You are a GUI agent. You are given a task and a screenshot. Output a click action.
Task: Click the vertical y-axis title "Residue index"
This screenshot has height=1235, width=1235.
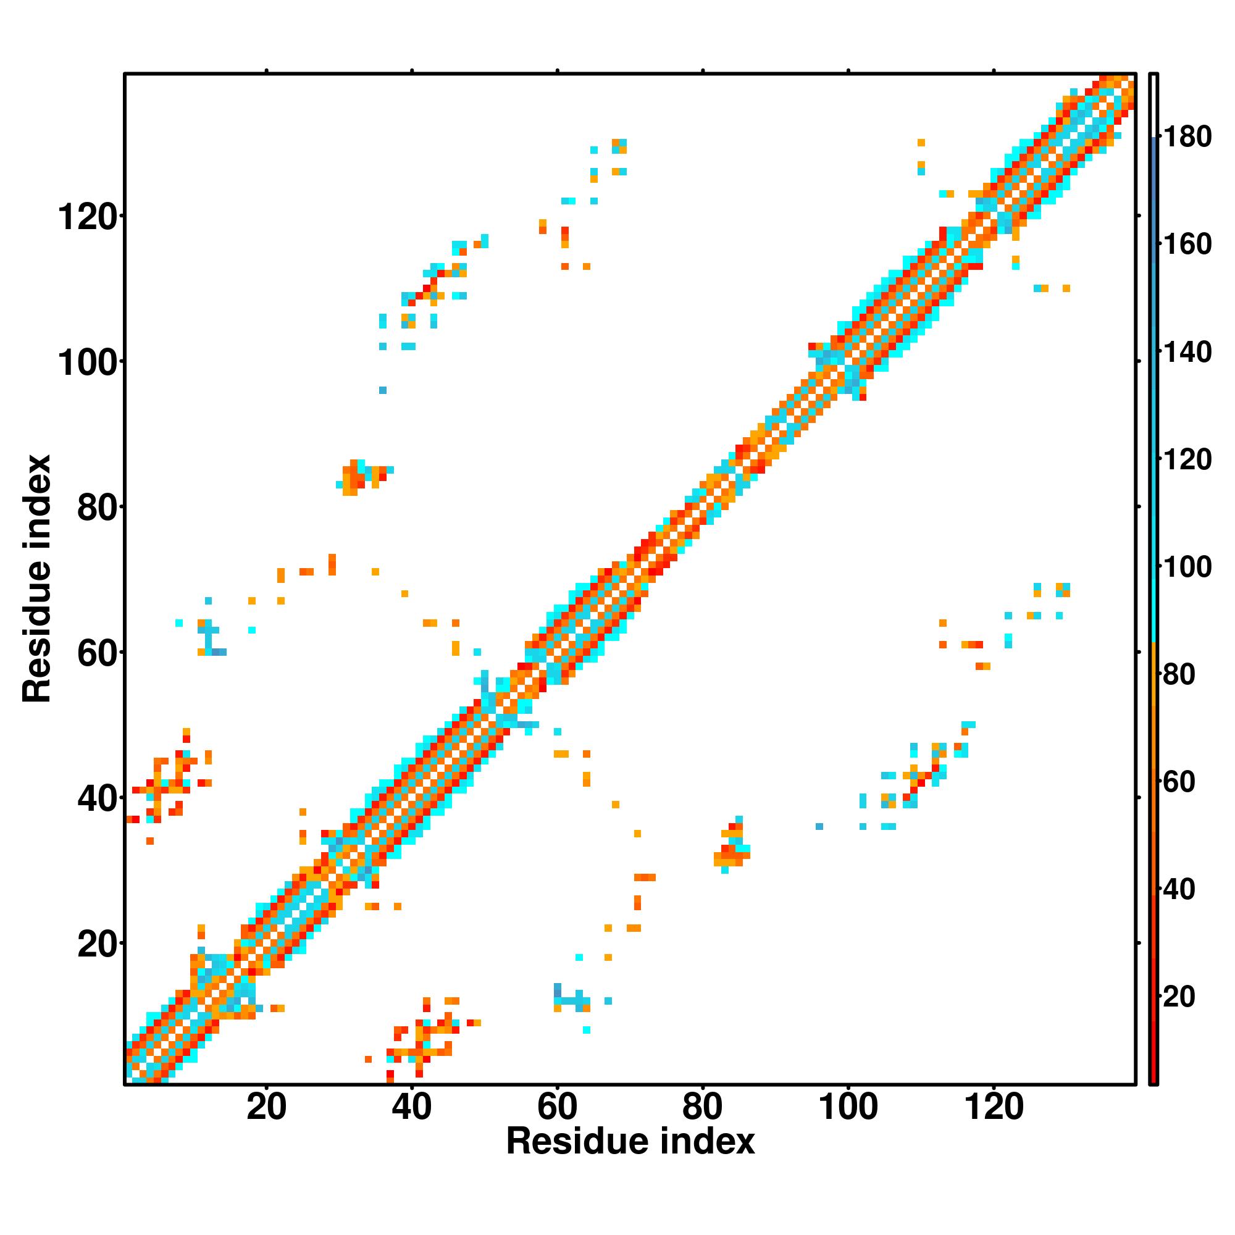(x=37, y=579)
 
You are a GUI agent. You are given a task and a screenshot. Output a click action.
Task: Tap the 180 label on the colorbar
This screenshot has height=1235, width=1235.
(x=1187, y=137)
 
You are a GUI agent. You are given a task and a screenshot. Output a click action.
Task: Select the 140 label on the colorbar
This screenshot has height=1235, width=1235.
(x=1187, y=352)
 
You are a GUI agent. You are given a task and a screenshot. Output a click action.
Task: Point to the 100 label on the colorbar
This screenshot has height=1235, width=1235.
(x=1187, y=567)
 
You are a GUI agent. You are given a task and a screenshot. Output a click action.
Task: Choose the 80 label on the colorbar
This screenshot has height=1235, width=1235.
(x=1179, y=674)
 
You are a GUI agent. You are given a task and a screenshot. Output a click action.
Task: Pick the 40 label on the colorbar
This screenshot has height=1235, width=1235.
(x=1179, y=889)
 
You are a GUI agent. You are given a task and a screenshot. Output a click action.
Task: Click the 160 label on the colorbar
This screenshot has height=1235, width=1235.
(x=1187, y=244)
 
